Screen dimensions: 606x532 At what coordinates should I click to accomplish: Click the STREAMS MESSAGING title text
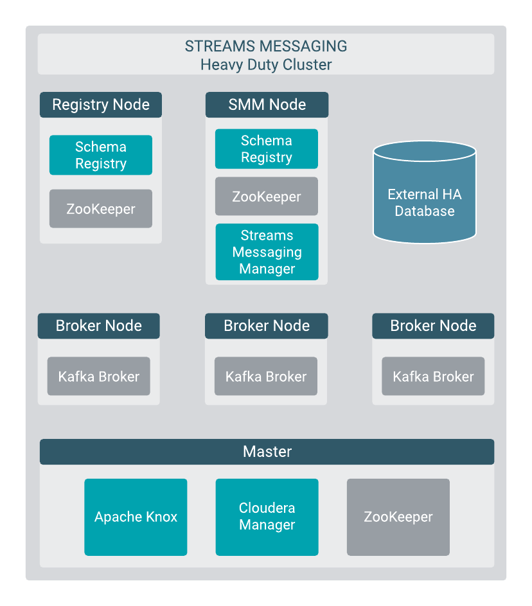coord(266,46)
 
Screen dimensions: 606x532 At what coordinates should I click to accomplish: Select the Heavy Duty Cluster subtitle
coord(266,64)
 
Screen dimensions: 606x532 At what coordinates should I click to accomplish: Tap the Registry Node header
coord(101,105)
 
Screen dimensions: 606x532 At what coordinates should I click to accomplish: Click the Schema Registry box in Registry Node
coord(101,155)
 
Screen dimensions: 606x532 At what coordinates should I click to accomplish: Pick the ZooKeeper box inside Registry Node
coord(101,209)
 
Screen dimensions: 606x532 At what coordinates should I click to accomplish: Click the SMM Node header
coord(267,105)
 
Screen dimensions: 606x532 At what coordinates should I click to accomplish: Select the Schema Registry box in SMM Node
coord(267,149)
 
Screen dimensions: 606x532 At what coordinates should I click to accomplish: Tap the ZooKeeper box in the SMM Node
coord(267,197)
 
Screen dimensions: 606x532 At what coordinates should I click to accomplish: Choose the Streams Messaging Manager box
coord(267,252)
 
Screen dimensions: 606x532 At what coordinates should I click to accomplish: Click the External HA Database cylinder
coord(425,196)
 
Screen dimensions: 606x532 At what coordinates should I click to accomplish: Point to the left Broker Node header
coord(99,326)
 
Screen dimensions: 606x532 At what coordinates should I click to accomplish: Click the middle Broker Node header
coord(267,326)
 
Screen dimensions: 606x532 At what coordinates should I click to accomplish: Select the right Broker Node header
coord(433,326)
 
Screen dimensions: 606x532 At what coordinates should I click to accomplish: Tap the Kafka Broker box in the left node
coord(99,377)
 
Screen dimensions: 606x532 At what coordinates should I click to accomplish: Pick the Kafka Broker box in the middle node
coord(266,377)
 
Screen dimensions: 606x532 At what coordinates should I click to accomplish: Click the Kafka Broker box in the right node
coord(433,377)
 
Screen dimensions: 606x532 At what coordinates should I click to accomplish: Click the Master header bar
coord(267,452)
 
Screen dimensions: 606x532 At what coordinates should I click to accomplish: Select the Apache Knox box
coord(136,517)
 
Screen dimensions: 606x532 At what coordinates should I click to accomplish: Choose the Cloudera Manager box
coord(267,517)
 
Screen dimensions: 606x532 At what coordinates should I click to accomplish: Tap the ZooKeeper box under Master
coord(398,517)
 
